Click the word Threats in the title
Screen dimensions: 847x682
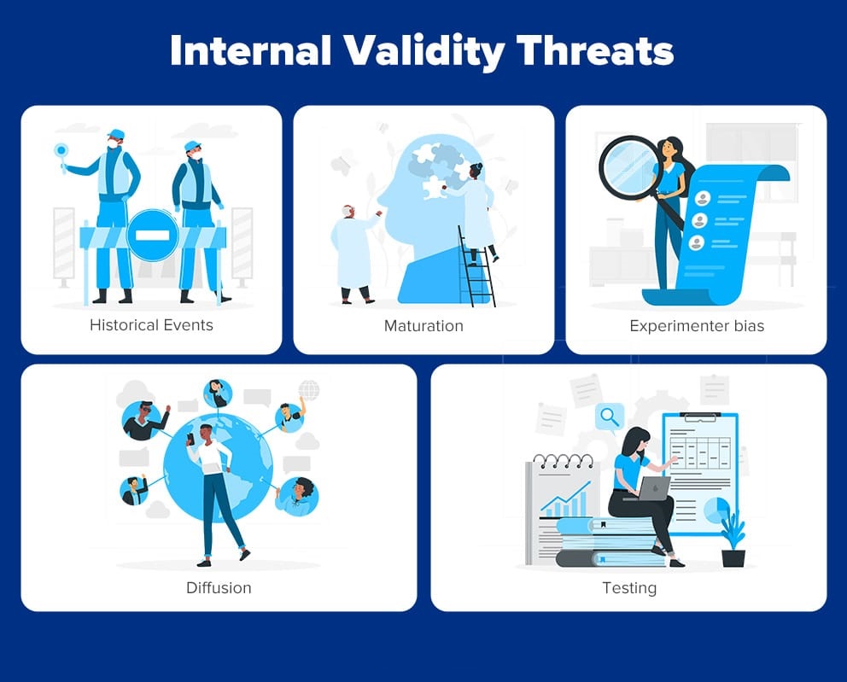coord(595,50)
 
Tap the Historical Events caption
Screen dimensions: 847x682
coord(151,325)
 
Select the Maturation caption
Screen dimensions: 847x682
coord(423,325)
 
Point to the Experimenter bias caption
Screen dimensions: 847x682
coord(697,326)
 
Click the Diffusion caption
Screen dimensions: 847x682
coord(219,587)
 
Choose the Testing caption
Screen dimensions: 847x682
coord(629,588)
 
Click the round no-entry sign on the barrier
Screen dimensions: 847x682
coord(152,236)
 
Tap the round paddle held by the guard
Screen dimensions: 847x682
coord(61,150)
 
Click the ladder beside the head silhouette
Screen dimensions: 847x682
coord(476,267)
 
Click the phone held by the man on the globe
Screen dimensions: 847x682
coord(190,439)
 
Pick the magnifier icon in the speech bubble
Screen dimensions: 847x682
coord(610,417)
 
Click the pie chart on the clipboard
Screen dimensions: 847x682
coord(716,510)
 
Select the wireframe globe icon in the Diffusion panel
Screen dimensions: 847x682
coord(309,389)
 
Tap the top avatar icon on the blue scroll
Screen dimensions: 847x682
coord(702,199)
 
